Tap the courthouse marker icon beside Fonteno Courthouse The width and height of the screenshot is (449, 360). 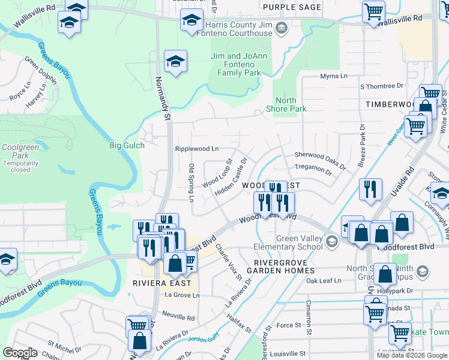click(280, 28)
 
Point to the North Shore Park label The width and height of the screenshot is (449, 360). click(291, 104)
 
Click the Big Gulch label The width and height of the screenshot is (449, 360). click(124, 145)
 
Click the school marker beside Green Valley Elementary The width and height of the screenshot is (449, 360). click(331, 242)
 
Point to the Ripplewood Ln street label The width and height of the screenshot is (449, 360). click(196, 148)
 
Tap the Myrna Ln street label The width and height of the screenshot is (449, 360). click(334, 76)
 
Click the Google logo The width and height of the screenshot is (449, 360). click(20, 353)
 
